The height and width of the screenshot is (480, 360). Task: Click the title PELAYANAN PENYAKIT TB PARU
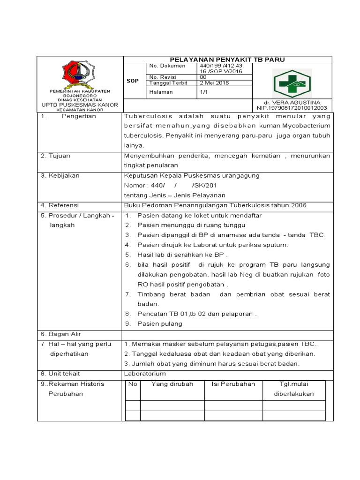point(227,59)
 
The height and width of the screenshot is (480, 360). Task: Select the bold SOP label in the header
point(133,81)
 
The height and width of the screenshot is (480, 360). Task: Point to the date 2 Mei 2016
point(214,83)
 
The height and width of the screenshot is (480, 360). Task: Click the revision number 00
point(203,77)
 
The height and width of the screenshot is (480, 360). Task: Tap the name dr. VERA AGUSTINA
point(292,102)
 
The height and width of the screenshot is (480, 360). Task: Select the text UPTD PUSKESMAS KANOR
point(80,105)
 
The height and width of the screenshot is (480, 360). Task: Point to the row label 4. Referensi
point(60,205)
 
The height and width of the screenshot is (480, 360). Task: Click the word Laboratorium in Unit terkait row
point(144,374)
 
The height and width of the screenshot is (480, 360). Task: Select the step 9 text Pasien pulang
point(160,323)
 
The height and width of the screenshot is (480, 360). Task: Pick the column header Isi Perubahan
point(233,384)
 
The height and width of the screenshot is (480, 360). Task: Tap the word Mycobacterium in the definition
point(306,126)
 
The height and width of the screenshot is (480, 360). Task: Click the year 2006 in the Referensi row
point(298,205)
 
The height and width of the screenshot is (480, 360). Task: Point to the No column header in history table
point(133,384)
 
